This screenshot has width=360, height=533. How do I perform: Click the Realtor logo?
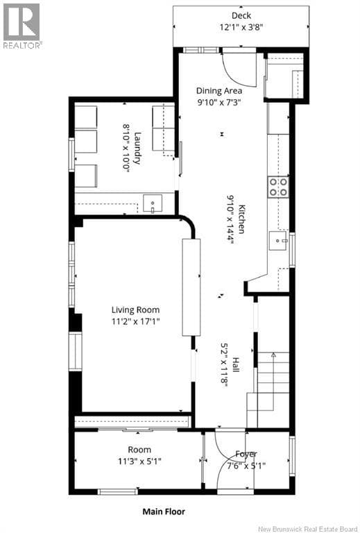pyautogui.click(x=22, y=26)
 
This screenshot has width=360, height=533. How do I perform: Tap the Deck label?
pyautogui.click(x=241, y=16)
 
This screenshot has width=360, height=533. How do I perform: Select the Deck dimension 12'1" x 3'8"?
pyautogui.click(x=241, y=27)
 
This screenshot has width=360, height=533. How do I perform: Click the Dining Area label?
pyautogui.click(x=219, y=91)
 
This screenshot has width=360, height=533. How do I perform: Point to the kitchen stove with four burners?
pyautogui.click(x=278, y=187)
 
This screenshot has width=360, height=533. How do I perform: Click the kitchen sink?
pyautogui.click(x=278, y=241)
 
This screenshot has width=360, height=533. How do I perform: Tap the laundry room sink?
pyautogui.click(x=153, y=203)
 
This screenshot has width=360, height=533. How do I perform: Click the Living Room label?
pyautogui.click(x=135, y=310)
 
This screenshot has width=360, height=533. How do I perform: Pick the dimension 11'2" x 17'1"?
pyautogui.click(x=135, y=321)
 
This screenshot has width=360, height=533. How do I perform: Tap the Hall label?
pyautogui.click(x=236, y=364)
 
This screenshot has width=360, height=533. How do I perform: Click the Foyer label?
pyautogui.click(x=246, y=454)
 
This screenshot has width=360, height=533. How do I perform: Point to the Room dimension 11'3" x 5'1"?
pyautogui.click(x=139, y=462)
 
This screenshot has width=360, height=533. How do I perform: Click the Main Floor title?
pyautogui.click(x=164, y=511)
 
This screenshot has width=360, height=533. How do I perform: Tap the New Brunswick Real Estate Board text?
pyautogui.click(x=308, y=529)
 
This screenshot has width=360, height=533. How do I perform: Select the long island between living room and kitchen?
pyautogui.click(x=191, y=287)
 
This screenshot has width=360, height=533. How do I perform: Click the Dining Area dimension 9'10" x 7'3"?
pyautogui.click(x=219, y=102)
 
